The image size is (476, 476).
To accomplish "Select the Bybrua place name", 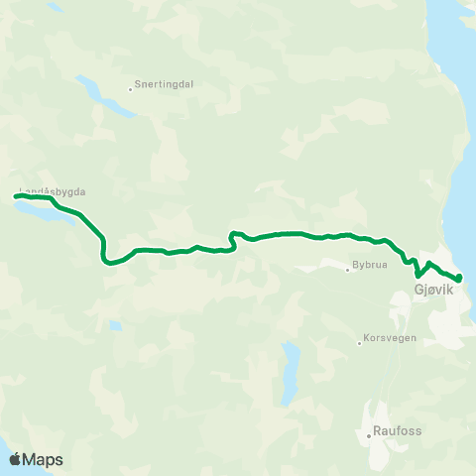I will click(x=367, y=267).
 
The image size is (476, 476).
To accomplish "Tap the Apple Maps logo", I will click(x=36, y=459).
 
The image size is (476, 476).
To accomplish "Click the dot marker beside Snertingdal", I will click(x=131, y=89).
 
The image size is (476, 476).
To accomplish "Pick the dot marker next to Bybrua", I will click(x=347, y=270).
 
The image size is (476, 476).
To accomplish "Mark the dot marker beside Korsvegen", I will click(x=360, y=344).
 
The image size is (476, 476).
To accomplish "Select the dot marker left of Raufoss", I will click(x=368, y=433).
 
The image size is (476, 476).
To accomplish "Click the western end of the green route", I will click(x=16, y=196).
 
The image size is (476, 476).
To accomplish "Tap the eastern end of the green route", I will click(x=459, y=279).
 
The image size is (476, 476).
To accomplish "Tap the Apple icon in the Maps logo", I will click(x=15, y=459).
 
